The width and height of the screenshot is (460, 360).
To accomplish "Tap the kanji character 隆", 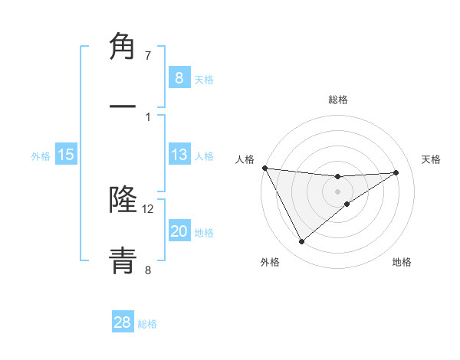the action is pyautogui.click(x=123, y=198).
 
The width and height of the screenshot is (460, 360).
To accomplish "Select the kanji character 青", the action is pyautogui.click(x=123, y=260).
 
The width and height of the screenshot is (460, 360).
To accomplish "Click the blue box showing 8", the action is pyautogui.click(x=179, y=77).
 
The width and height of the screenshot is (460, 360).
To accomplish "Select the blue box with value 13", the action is pyautogui.click(x=179, y=155).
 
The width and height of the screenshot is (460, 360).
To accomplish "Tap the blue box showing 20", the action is pyautogui.click(x=179, y=231).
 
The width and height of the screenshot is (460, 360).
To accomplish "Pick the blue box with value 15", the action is pyautogui.click(x=66, y=155).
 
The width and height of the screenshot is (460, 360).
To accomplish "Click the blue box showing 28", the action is pyautogui.click(x=123, y=322).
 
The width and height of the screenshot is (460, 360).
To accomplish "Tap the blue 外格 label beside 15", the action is pyautogui.click(x=41, y=156).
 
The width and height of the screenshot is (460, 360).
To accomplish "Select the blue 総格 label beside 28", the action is pyautogui.click(x=147, y=324).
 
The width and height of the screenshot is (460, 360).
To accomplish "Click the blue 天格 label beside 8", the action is pyautogui.click(x=204, y=80).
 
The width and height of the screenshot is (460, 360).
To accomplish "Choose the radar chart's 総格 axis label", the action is pyautogui.click(x=337, y=100).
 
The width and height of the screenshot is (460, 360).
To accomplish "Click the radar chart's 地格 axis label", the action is pyautogui.click(x=402, y=262).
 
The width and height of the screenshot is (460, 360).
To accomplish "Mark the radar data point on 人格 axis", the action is pyautogui.click(x=264, y=168).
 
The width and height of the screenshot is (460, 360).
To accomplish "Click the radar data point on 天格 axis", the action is pyautogui.click(x=396, y=172).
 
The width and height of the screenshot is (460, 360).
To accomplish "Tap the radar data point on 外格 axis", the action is pyautogui.click(x=301, y=242).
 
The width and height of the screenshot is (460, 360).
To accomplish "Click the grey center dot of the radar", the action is pyautogui.click(x=337, y=191).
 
